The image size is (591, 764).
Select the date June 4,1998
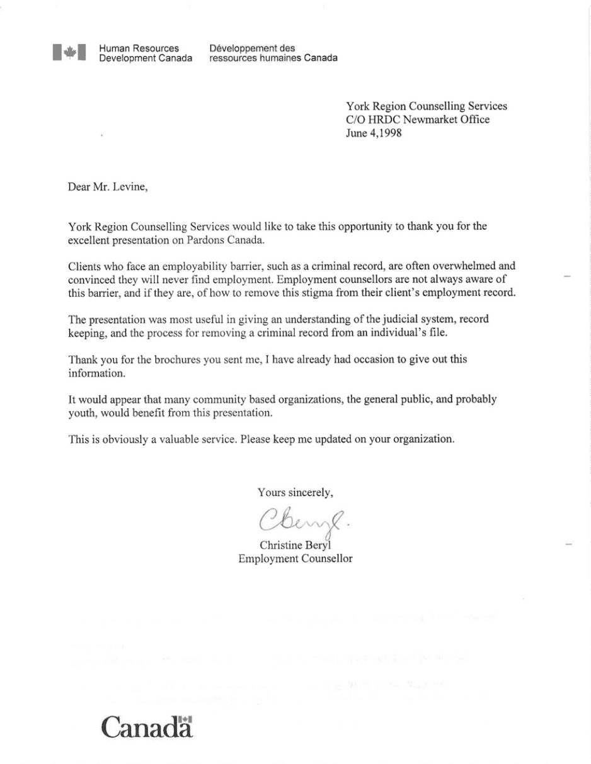tap(372, 133)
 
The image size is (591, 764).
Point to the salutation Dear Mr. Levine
tap(108, 187)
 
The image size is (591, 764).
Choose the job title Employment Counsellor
tap(295, 558)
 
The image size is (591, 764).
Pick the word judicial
tap(377, 319)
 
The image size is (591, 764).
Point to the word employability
tap(181, 266)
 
